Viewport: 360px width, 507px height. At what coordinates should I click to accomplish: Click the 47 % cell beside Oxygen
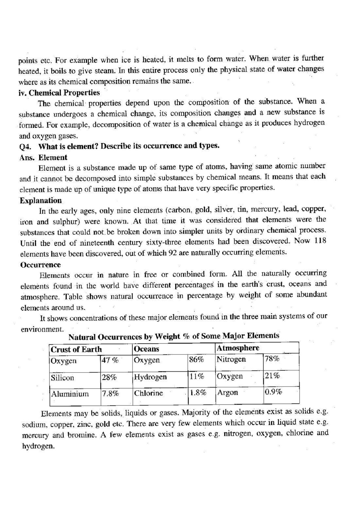[x=110, y=361]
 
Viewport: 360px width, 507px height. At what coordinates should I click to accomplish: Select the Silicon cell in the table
[x=62, y=378]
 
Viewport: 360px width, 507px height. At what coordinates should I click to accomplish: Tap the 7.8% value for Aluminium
[x=110, y=394]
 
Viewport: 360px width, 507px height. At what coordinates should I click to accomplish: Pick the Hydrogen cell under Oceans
[x=150, y=377]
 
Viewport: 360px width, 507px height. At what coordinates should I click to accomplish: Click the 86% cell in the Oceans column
[x=196, y=360]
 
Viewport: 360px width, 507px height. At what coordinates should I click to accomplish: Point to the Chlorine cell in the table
[x=148, y=393]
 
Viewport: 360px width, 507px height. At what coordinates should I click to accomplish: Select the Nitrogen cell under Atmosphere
[x=231, y=359]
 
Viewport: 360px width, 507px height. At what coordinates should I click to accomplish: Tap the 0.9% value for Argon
[x=273, y=392]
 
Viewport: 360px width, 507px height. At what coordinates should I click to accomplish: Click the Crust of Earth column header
[x=76, y=350]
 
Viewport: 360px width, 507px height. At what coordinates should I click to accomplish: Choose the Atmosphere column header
[x=238, y=348]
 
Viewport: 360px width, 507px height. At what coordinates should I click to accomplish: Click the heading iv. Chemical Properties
[x=59, y=93]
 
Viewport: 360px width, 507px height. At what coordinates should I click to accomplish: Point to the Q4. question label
[x=25, y=147]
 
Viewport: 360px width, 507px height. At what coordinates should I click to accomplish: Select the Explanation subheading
[x=41, y=201]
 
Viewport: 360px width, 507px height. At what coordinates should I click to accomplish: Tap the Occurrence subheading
[x=41, y=265]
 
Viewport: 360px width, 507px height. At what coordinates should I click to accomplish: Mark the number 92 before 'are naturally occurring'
[x=172, y=253]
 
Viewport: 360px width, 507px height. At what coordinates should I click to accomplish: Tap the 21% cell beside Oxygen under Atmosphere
[x=272, y=376]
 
